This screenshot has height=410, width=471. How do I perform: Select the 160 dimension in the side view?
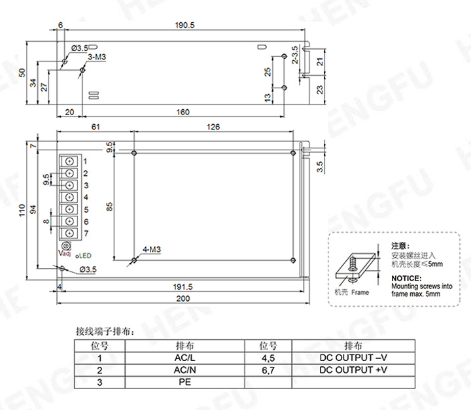pyautogui.click(x=183, y=112)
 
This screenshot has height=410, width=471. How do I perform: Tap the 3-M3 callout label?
pyautogui.click(x=97, y=57)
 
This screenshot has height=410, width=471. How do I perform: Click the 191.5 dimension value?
pyautogui.click(x=181, y=286)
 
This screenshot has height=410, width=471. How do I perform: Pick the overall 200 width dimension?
pyautogui.click(x=182, y=298)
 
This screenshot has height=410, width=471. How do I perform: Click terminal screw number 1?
pyautogui.click(x=69, y=161)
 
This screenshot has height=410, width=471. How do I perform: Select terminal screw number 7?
pyautogui.click(x=69, y=233)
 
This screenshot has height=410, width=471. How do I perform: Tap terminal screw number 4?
pyautogui.click(x=69, y=197)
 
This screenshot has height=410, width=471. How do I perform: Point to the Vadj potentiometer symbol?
pyautogui.click(x=65, y=245)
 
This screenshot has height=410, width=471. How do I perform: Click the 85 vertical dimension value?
pyautogui.click(x=111, y=207)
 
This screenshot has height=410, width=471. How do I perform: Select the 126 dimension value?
pyautogui.click(x=213, y=126)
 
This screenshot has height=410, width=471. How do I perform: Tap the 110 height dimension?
pyautogui.click(x=22, y=211)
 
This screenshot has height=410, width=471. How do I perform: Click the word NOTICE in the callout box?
pyautogui.click(x=406, y=279)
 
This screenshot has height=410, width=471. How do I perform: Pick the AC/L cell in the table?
pyautogui.click(x=183, y=358)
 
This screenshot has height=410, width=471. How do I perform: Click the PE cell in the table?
pyautogui.click(x=183, y=382)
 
